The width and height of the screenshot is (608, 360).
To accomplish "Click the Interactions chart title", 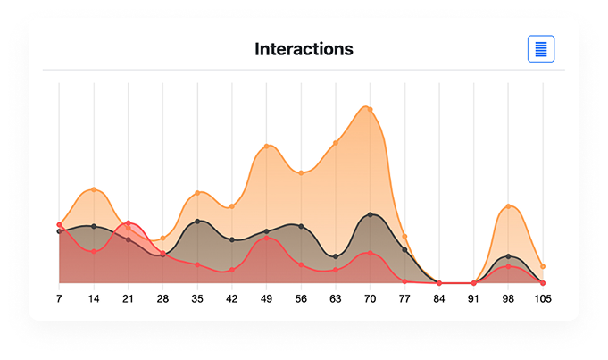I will pos(304,49).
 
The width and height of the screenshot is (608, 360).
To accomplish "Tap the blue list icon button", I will pos(541,49).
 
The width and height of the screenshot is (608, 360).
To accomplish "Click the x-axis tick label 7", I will pos(59,298).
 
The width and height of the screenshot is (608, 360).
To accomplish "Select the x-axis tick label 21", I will pos(128,298).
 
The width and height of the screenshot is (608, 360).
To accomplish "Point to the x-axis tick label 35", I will pos(197,298).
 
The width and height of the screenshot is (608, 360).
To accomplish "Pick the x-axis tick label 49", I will pos(266,298).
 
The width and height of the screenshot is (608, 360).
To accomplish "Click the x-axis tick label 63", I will pos(336,298).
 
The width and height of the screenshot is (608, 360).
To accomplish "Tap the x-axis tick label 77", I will pos(404,298).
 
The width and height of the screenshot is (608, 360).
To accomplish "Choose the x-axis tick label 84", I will pos(439,298).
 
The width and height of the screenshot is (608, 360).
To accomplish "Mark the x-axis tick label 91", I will pos(474,298).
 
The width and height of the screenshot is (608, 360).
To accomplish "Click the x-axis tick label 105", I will pos(543,298).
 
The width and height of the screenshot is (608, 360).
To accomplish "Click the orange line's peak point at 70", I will pos(370,109).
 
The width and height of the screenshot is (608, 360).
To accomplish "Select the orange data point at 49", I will pos(266,147).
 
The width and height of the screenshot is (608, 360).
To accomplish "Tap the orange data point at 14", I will pos(94,189).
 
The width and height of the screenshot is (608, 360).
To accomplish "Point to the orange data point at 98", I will pos(508,206).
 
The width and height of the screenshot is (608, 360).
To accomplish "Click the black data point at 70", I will pos(370,214).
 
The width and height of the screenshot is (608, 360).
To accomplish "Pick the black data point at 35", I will pos(197,221).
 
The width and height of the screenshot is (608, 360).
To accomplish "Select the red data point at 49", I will pos(266,239).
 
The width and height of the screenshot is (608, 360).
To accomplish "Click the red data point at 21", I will pos(128,223).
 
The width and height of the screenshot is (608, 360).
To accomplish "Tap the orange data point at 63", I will pos(336,143).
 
